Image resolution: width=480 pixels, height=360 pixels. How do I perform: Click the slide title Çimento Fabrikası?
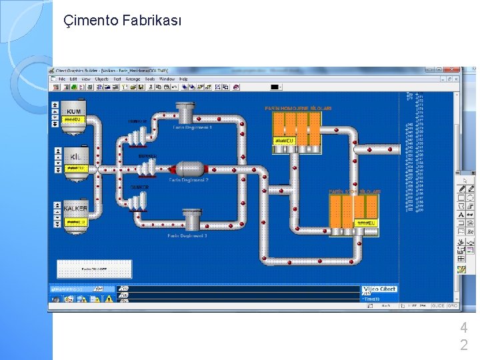click(122, 21)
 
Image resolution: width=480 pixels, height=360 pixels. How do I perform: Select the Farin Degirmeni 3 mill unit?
click(192, 219)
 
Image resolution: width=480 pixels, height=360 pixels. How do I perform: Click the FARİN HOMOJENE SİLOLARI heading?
click(298, 108)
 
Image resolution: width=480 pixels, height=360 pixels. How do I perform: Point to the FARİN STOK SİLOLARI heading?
click(355, 191)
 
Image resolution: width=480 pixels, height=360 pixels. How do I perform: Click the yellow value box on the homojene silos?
click(285, 141)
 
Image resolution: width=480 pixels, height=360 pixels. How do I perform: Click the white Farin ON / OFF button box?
click(94, 269)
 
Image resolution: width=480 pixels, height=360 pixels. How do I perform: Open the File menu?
click(61, 79)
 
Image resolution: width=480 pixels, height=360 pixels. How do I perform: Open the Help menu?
click(183, 79)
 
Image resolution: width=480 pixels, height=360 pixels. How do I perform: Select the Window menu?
click(167, 79)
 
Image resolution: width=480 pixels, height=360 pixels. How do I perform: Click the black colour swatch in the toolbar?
click(275, 87)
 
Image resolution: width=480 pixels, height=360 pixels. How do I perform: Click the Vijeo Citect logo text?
click(379, 289)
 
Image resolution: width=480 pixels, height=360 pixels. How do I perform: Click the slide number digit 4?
click(463, 328)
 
